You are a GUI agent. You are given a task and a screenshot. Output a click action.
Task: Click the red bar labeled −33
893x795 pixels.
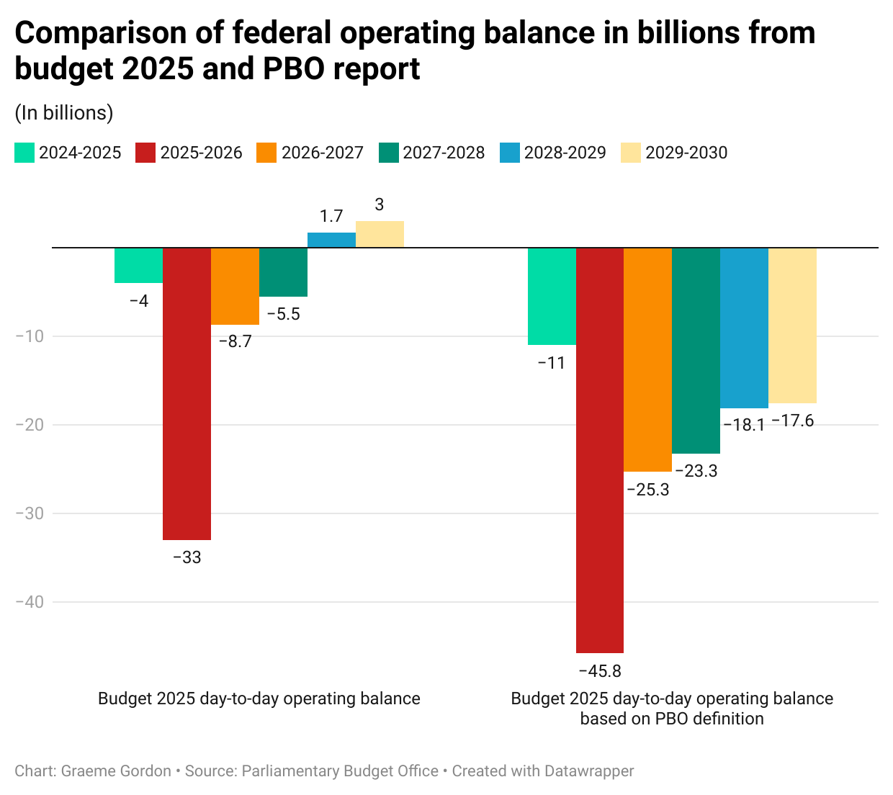[x=187, y=393]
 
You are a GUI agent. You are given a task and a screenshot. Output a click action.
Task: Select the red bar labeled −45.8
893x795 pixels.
[x=599, y=450]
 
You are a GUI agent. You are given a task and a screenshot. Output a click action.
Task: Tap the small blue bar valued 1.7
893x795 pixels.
[x=331, y=240]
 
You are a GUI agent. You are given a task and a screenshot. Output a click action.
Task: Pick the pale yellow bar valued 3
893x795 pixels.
[x=380, y=234]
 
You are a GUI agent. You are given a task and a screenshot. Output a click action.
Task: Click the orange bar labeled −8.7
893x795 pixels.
[x=235, y=286]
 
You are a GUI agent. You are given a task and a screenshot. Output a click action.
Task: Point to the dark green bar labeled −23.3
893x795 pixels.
[x=696, y=351]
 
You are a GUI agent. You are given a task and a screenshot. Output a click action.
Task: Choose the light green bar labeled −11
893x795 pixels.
[x=552, y=296]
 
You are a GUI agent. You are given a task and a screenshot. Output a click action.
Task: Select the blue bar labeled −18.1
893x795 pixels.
[x=744, y=328]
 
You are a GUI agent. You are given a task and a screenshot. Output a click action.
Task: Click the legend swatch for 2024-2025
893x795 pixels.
[x=24, y=153]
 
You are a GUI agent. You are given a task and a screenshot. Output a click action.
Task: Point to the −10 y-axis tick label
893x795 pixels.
[x=29, y=336]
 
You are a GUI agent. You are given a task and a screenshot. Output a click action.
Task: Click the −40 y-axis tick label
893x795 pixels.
[x=29, y=602]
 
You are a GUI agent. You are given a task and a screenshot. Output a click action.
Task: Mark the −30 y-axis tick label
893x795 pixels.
[x=29, y=513]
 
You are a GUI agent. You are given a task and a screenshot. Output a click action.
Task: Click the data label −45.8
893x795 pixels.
[x=599, y=671]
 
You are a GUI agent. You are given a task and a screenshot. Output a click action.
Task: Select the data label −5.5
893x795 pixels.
[x=283, y=314]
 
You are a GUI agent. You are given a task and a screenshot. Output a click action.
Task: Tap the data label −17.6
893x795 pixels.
[x=792, y=421]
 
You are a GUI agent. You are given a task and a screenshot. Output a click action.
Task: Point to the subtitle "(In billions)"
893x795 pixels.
[x=64, y=113]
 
